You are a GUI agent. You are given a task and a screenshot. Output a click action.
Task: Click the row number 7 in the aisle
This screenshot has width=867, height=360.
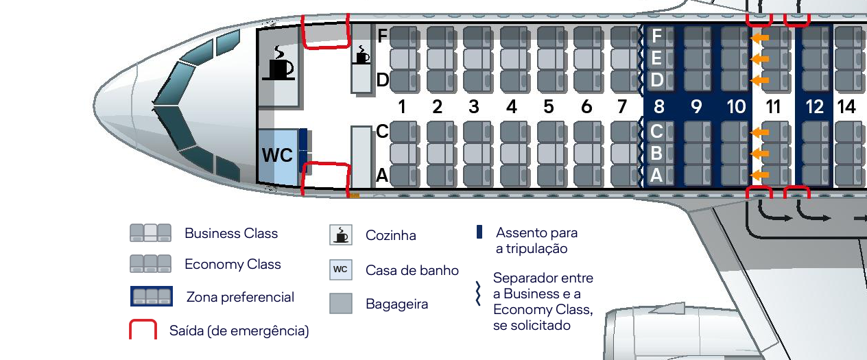coord(622,107)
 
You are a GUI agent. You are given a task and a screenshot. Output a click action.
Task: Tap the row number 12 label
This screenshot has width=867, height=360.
coord(814,107)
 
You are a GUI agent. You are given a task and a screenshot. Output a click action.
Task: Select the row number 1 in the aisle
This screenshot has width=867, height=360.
coord(402,107)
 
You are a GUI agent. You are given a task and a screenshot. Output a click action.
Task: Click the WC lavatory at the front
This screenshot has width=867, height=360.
coord(277,156)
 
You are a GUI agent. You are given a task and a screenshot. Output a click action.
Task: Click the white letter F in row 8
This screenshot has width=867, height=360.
coord(656,36)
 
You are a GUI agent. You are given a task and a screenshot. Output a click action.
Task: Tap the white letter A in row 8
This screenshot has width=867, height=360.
coord(656,176)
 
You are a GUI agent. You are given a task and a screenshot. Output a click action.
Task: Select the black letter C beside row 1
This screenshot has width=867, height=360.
coord(383,131)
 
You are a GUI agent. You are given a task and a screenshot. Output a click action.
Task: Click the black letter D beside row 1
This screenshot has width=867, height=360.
coord(383,81)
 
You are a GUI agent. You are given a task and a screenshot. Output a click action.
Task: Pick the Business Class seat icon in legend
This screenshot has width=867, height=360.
coord(150,233)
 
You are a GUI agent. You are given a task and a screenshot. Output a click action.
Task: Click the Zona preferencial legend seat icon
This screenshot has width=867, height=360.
coord(151,296)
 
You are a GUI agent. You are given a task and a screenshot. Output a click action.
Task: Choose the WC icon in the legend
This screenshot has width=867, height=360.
coord(340,269)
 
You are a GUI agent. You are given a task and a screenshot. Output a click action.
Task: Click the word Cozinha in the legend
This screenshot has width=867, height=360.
coord(390,235)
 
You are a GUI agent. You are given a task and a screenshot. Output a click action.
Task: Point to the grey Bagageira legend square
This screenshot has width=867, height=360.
coord(340,304)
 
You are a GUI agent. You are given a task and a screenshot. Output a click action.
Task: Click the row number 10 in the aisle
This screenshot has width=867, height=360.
coord(736,107)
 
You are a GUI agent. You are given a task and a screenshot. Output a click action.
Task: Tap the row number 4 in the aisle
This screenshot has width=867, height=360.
coord(511,107)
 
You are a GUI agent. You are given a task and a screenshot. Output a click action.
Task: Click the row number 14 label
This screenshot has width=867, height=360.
coord(846,107)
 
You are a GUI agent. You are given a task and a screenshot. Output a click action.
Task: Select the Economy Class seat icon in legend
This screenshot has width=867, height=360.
coord(150,264)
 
